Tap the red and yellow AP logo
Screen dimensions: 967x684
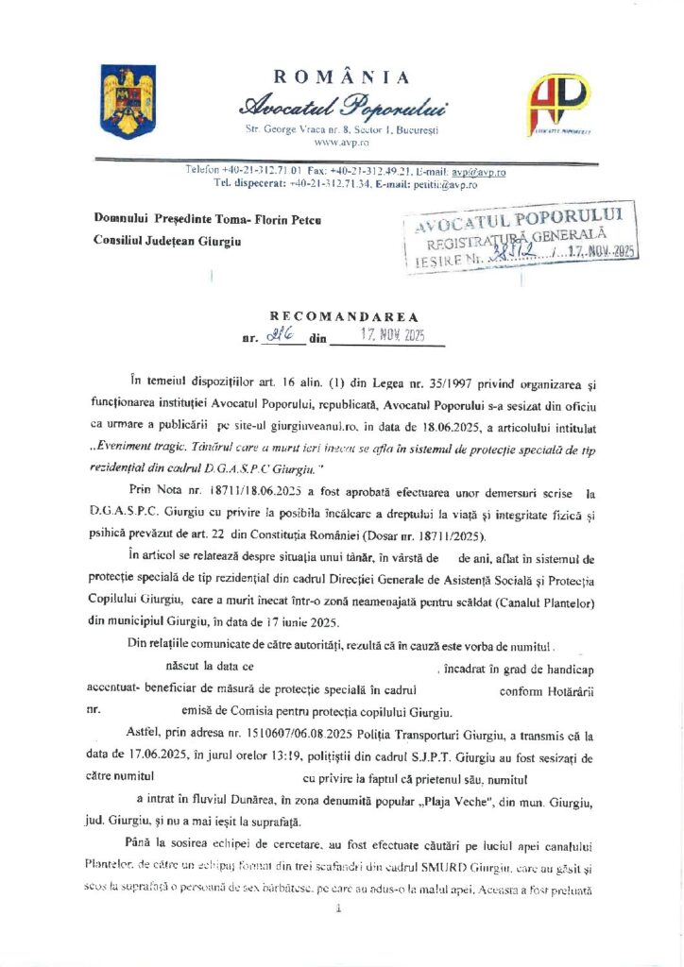[x=558, y=100]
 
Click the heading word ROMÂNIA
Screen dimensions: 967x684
[x=341, y=77]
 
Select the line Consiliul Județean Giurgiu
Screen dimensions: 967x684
[x=166, y=242]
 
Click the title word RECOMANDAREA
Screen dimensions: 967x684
[x=342, y=317]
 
